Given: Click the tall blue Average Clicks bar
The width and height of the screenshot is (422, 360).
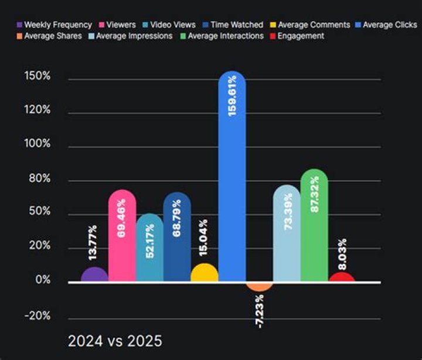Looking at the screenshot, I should (232, 176).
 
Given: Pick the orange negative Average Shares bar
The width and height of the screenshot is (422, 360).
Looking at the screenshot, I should (259, 286).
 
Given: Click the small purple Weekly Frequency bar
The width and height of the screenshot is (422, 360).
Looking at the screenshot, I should (95, 275).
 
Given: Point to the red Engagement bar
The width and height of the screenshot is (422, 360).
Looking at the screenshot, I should (342, 277).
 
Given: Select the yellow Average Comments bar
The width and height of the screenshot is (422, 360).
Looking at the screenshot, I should (205, 273).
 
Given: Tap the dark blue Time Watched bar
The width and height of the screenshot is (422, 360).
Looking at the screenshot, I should (177, 237).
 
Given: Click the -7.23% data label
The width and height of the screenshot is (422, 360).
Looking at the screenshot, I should (260, 311).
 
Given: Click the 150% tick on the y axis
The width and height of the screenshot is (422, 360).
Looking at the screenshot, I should (36, 77).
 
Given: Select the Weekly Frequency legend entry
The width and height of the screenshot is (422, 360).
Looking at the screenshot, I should (54, 25).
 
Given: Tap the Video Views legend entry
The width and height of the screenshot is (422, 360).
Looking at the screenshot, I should (168, 25).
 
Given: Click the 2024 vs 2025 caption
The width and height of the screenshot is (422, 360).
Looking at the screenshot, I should (115, 341).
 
